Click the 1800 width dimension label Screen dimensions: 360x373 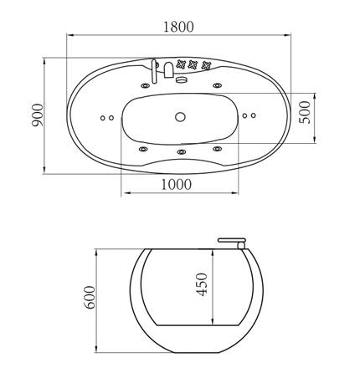point(178,27)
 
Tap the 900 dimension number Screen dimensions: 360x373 point(38,115)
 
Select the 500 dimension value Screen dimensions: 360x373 point(305,112)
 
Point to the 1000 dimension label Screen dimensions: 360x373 point(177,184)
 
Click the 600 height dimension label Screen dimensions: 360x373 point(90,297)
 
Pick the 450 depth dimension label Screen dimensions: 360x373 point(202,284)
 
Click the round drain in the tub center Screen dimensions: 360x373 point(180,117)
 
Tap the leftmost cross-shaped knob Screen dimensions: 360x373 point(181,64)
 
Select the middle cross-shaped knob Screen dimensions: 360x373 point(193,64)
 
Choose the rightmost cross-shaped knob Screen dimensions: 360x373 point(206,65)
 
